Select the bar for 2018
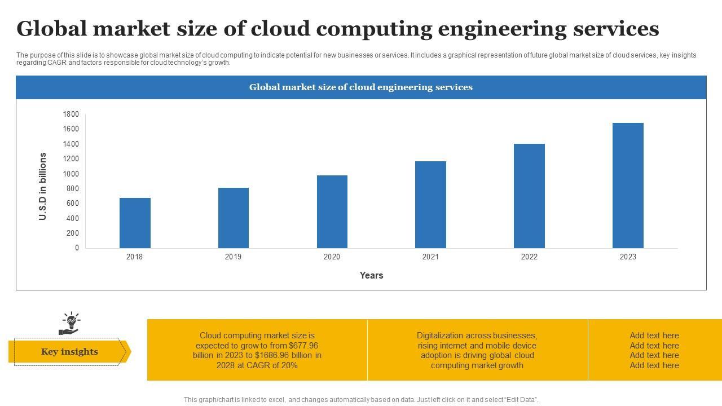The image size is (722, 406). point(135,223)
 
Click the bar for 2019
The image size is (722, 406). point(234,218)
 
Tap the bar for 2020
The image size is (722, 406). point(332,211)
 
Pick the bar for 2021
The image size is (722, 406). point(430,205)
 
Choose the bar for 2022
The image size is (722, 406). point(529,196)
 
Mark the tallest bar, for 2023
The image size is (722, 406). point(628,186)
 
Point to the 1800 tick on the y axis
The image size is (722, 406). point(71,114)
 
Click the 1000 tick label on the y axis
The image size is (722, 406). point(71,174)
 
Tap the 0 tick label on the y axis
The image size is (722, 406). point(77,248)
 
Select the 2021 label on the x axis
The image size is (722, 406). point(430,257)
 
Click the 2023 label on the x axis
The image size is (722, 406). point(628,257)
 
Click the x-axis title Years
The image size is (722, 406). point(371,276)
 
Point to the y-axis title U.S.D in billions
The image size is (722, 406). point(43,186)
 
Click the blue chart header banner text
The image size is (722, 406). point(361,87)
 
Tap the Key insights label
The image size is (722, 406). point(69,352)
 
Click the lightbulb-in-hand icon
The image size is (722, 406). point(70,324)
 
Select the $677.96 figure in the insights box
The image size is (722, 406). point(303,346)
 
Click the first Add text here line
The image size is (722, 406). point(654,336)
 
